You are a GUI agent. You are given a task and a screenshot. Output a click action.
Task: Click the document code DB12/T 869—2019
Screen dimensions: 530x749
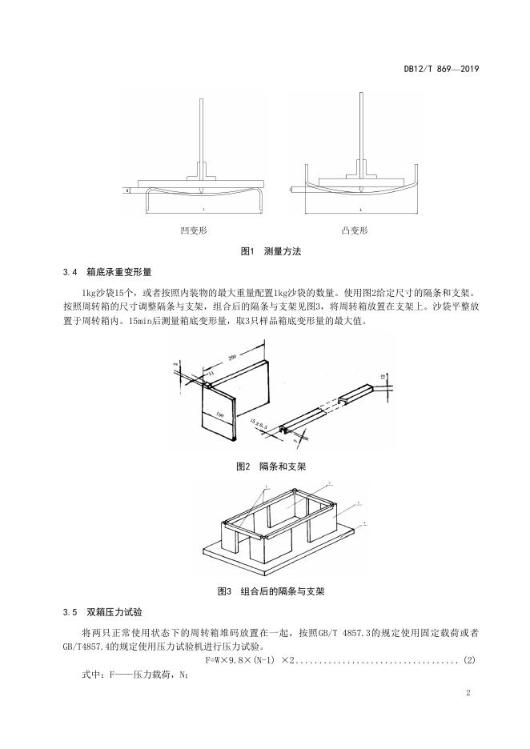pos(440,69)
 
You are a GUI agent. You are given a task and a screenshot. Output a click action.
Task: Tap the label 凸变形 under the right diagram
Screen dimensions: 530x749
pos(355,230)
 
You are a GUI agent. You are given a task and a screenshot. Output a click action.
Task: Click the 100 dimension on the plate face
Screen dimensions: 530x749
pos(219,415)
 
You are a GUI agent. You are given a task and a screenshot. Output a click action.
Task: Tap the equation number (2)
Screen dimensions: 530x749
pos(470,660)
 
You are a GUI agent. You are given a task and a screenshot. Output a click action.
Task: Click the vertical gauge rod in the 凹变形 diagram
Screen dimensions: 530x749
pos(199,132)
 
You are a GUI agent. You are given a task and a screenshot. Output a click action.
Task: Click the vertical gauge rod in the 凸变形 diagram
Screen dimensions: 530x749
pos(361,132)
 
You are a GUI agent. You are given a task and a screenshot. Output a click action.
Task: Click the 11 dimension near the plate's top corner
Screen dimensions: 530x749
pos(211,374)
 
